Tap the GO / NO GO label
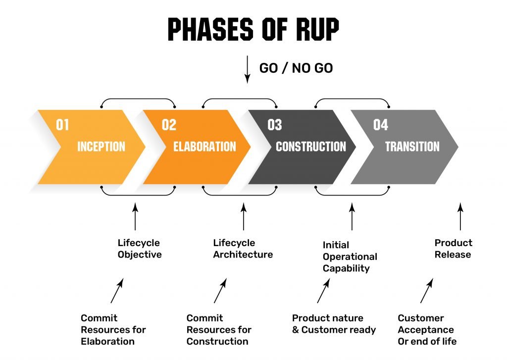pos(296,68)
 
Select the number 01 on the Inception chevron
pos(62,125)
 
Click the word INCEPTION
pos(101,147)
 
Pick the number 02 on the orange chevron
pos(169,125)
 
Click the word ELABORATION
pos(204,147)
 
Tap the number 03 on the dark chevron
pos(274,125)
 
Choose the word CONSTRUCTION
pos(310,147)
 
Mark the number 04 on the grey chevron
pos(380,125)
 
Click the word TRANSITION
pos(412,147)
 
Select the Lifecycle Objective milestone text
pos(140,249)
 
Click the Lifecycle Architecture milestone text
pos(243,249)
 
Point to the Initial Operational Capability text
pos(350,257)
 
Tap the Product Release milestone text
pos(453,249)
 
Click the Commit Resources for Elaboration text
pos(113,329)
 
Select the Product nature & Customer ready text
pos(334,324)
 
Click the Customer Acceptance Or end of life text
pos(427,329)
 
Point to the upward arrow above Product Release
pos(460,216)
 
